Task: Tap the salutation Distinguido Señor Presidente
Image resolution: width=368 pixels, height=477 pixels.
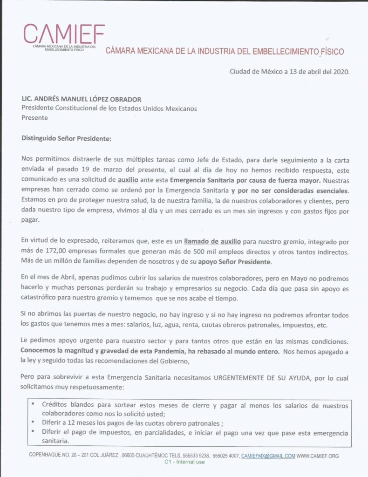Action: pos(67,138)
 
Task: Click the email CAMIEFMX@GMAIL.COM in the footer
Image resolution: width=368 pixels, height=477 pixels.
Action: pos(268,456)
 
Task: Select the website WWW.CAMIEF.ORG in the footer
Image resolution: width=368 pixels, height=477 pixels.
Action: pos(318,456)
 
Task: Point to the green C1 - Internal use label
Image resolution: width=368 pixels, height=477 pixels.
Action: pos(184,463)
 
